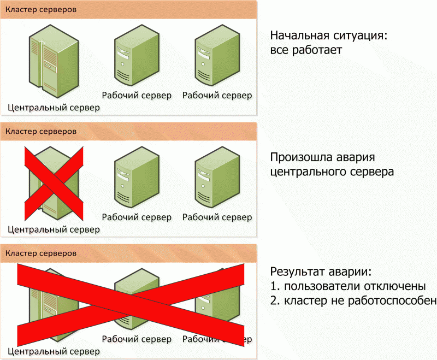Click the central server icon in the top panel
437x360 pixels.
tap(54, 61)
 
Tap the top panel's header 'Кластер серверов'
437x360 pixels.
tap(41, 9)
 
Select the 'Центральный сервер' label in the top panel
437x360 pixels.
tap(54, 108)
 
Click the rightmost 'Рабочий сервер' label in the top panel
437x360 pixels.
tap(217, 95)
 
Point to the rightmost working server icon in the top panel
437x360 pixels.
tap(217, 55)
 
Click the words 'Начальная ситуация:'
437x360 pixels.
tap(329, 36)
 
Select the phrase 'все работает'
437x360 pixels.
tap(306, 50)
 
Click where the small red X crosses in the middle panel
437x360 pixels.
tap(54, 184)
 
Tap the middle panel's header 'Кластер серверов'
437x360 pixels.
tap(41, 131)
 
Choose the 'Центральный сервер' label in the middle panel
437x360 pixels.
tap(54, 229)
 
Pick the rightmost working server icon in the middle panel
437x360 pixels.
tap(217, 177)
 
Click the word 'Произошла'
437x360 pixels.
tap(302, 157)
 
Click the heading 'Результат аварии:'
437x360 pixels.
tap(321, 272)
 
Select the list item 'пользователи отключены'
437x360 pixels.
tap(355, 286)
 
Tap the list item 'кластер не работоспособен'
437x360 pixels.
tap(361, 300)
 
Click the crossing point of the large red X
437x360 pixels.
tap(131, 304)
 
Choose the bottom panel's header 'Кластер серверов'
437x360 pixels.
tap(41, 253)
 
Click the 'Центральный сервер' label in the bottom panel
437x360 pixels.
tap(54, 351)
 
